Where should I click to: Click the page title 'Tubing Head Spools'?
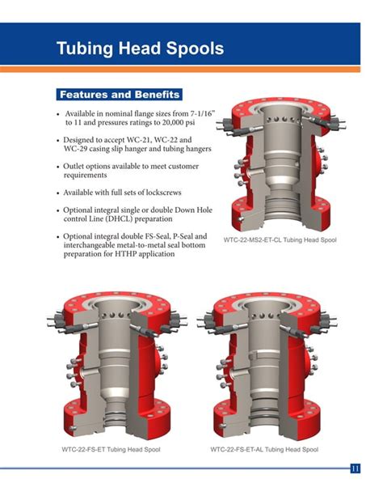point(140,48)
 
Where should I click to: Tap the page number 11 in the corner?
point(356,468)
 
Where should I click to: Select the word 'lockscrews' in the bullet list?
point(170,193)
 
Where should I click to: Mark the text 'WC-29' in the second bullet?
point(79,150)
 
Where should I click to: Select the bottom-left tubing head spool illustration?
point(112,368)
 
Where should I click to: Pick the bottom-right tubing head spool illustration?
point(266,368)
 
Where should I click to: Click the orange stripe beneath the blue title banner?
point(191,70)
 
